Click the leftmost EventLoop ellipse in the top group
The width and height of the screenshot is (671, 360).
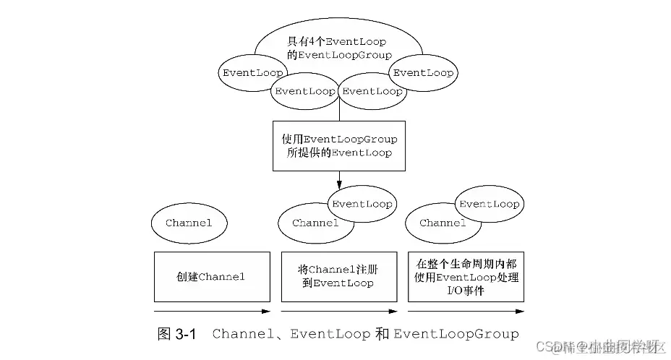pyautogui.click(x=252, y=73)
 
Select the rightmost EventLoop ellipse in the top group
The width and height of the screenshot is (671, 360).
pyautogui.click(x=423, y=73)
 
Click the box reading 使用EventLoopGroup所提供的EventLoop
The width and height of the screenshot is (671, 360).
pyautogui.click(x=338, y=145)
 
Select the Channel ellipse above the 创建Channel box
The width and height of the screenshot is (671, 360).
pyautogui.click(x=189, y=223)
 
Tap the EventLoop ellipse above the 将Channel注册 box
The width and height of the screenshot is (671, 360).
pyautogui.click(x=362, y=204)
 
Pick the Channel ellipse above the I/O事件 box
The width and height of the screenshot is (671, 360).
pyautogui.click(x=438, y=223)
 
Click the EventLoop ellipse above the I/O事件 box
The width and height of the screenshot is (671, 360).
pyautogui.click(x=490, y=204)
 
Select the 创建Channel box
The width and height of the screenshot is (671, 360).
pyautogui.click(x=212, y=277)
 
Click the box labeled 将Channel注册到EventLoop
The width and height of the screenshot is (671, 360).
pyautogui.click(x=338, y=277)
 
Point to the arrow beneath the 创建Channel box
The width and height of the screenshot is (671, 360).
pyautogui.click(x=212, y=312)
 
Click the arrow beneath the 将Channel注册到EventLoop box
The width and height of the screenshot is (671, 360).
pyautogui.click(x=338, y=312)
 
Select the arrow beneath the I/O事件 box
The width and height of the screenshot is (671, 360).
pyautogui.click(x=466, y=312)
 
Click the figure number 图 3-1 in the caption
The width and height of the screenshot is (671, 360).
pyautogui.click(x=176, y=334)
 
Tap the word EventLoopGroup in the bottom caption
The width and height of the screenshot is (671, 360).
pyautogui.click(x=456, y=334)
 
